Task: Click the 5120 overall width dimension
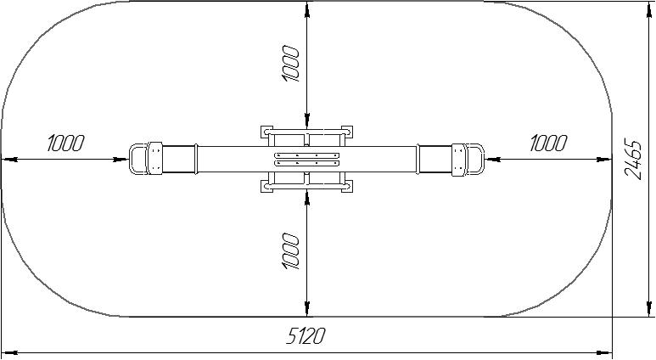point(306,335)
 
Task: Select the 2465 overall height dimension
point(633,159)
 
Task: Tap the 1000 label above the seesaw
point(291,64)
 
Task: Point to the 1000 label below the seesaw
point(291,251)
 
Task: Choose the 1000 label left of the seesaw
point(65,143)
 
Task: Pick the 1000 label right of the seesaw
point(548,143)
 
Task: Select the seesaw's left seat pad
point(154,159)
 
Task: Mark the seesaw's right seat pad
point(458,159)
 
